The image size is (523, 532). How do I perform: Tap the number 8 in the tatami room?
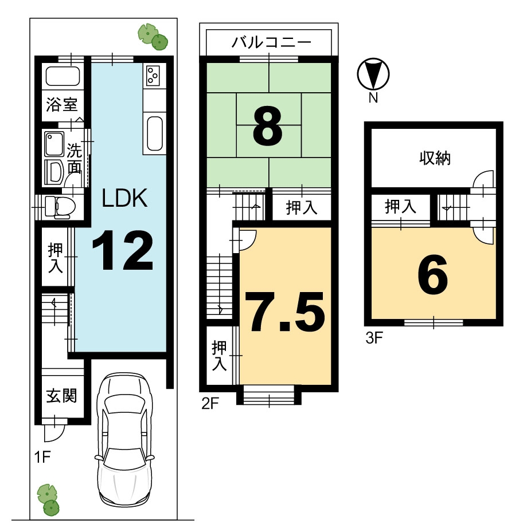point(268,125)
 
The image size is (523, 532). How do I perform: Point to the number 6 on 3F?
point(433,274)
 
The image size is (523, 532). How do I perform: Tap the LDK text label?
point(124,198)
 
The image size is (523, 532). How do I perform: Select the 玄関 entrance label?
point(62,396)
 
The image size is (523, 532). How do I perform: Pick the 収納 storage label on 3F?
point(435,158)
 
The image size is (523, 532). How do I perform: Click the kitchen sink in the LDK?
point(155,133)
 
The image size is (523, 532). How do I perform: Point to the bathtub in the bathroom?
point(63,76)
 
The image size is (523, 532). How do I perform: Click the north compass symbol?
point(373,74)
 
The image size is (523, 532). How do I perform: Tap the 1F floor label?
point(42,458)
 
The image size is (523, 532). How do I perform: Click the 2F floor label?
point(210,403)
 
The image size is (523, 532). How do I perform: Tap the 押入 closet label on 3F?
point(400,206)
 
